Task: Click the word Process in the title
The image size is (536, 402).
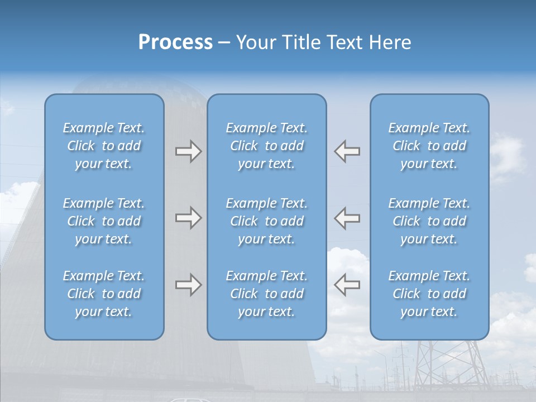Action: point(175,42)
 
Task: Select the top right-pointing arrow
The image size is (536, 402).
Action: point(188,151)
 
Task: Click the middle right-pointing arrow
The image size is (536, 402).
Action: point(188,218)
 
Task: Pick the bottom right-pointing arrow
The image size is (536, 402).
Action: point(188,285)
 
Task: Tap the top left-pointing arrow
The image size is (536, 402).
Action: point(347,151)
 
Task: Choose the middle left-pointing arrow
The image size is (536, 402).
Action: point(347,218)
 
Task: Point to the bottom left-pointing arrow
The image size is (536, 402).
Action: point(347,285)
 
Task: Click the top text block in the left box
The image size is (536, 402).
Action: point(104,146)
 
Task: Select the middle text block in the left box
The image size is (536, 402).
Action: point(104,221)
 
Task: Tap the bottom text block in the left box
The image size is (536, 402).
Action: point(104,294)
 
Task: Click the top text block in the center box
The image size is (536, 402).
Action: point(266,146)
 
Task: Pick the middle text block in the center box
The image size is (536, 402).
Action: point(266,221)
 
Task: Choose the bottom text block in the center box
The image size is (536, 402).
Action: point(266,294)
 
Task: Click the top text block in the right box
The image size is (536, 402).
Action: point(429,146)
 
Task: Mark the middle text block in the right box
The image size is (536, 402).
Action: point(429,221)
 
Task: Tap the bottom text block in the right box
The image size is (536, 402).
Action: point(429,294)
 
